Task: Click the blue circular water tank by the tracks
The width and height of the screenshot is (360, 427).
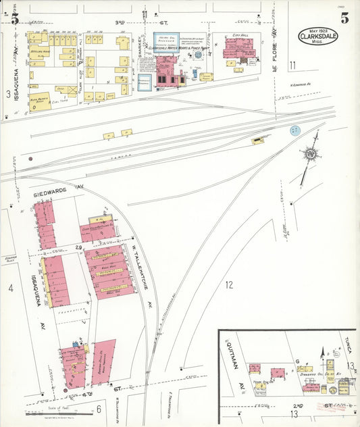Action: (x=294, y=130)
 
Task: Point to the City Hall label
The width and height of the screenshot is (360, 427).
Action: (x=241, y=34)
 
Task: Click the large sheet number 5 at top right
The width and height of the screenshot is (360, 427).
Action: (x=344, y=18)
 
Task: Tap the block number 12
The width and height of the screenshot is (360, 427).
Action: (x=228, y=284)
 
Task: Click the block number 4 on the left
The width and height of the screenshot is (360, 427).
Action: (x=11, y=288)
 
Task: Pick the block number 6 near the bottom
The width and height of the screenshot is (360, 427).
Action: (x=98, y=408)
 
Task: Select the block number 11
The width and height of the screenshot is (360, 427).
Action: (x=292, y=65)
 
